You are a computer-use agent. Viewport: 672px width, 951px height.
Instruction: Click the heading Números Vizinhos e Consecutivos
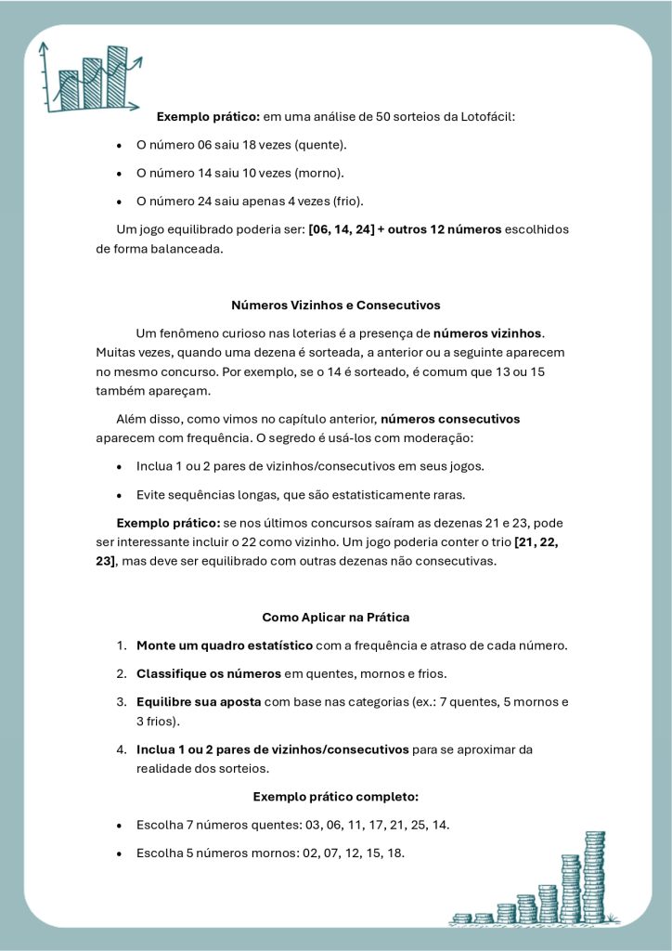335,305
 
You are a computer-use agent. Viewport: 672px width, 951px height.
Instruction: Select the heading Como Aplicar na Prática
335,617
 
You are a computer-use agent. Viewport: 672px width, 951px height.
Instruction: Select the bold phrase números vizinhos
488,332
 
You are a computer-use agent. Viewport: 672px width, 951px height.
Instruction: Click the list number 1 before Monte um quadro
122,645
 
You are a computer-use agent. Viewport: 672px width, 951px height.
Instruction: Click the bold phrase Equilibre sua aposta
198,701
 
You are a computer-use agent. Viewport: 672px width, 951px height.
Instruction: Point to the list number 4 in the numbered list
122,749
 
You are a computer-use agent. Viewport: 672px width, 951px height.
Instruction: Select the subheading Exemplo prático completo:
335,797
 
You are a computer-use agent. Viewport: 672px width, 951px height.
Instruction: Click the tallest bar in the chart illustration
117,76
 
